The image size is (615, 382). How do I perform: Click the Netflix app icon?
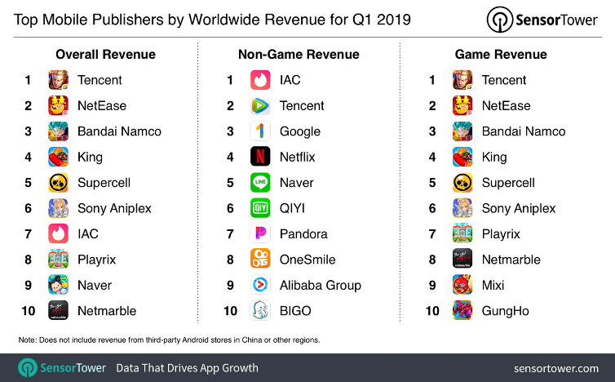(260, 157)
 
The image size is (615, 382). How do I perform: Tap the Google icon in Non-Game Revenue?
(260, 131)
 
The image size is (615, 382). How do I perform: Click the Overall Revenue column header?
(105, 55)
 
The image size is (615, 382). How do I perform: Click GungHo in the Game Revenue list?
(505, 311)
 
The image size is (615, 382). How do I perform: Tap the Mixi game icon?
(462, 285)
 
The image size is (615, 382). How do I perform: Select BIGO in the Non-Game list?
(295, 311)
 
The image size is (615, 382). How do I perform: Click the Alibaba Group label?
(320, 285)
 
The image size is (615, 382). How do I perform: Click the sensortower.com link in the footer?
(557, 368)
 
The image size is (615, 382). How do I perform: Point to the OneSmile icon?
(260, 260)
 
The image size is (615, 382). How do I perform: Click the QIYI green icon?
(260, 208)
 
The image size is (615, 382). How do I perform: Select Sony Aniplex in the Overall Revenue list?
(114, 208)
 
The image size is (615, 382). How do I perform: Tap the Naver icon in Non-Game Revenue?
(260, 182)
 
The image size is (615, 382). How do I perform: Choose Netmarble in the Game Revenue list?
(511, 260)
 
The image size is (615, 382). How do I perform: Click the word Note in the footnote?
(27, 339)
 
